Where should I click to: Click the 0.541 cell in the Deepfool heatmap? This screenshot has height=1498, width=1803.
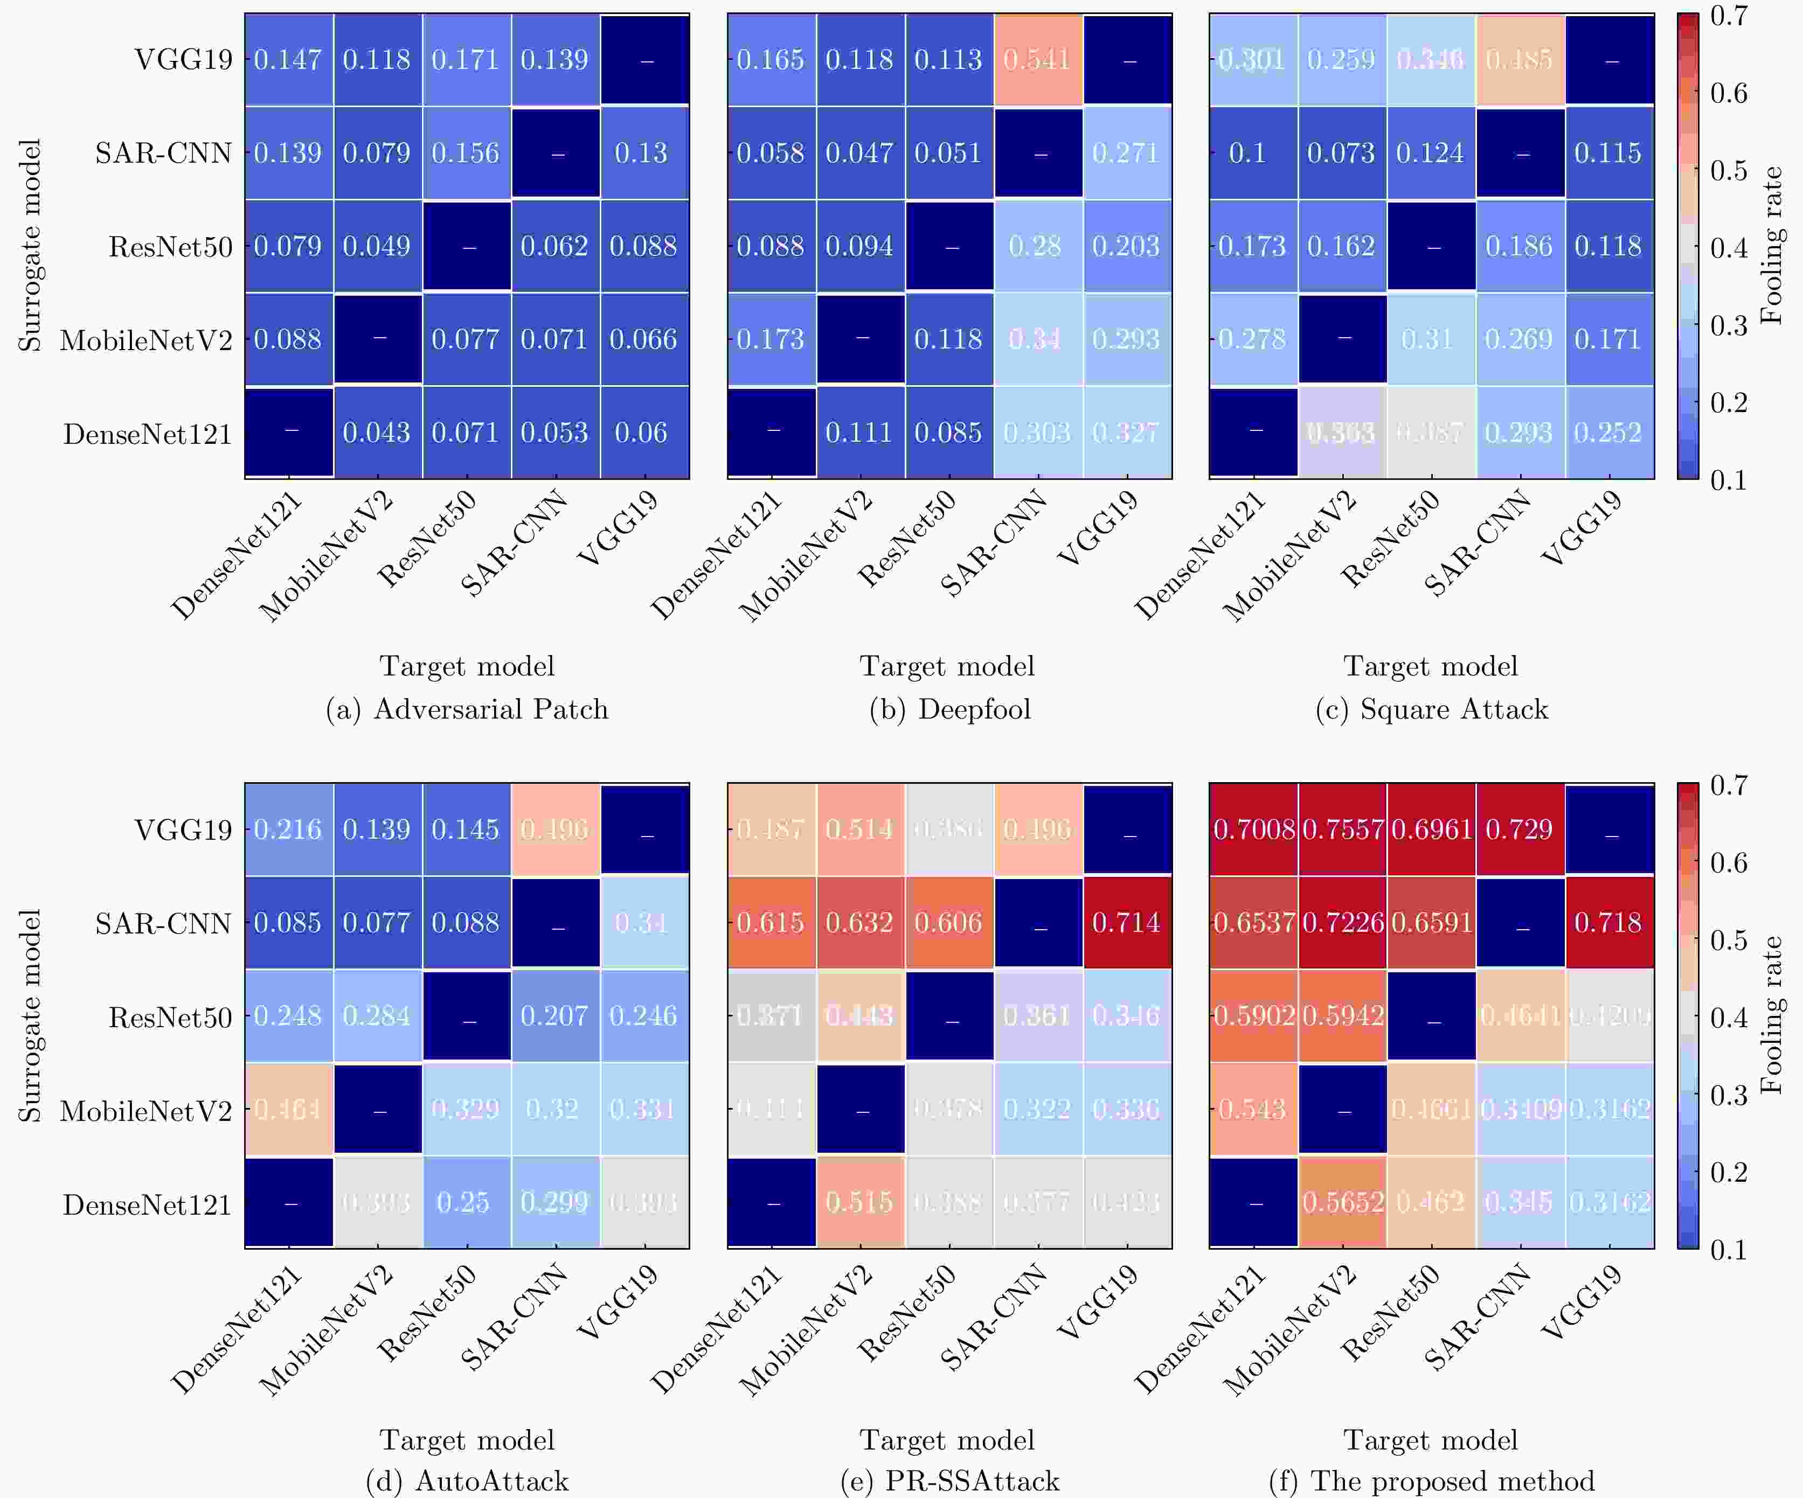click(1038, 59)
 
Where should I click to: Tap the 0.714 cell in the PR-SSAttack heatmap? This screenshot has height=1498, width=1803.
click(1126, 923)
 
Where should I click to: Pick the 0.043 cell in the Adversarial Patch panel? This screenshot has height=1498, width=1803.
click(377, 432)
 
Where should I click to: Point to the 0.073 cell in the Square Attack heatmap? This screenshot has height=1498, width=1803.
click(1341, 153)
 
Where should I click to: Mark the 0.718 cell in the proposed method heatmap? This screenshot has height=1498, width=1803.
click(1608, 923)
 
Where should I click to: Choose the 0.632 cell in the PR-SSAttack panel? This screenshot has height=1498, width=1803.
click(859, 923)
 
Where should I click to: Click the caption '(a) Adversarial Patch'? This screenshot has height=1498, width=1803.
click(467, 709)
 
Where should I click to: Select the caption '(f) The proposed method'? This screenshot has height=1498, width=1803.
click(1431, 1481)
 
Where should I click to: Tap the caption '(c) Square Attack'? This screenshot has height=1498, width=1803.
click(1431, 709)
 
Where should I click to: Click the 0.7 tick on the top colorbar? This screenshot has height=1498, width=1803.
click(1728, 16)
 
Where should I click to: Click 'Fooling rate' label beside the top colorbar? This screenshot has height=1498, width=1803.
click(1771, 246)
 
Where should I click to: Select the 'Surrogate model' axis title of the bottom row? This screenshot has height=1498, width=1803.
click(30, 1015)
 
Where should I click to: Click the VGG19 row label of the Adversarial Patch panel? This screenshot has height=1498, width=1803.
click(184, 59)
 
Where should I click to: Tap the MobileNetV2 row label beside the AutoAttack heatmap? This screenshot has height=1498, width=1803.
click(146, 1111)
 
